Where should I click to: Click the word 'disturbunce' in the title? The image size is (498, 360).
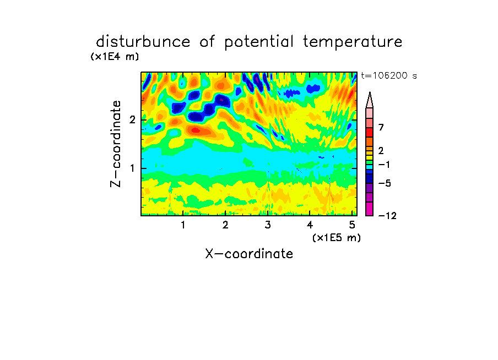[x=143, y=42]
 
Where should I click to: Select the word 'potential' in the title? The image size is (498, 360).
[x=259, y=42]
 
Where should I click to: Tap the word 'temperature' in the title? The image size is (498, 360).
[x=353, y=42]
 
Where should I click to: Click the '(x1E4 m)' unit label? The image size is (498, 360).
[x=115, y=57]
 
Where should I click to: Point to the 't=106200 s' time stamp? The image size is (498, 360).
[x=389, y=76]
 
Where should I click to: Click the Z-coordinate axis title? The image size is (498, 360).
[x=115, y=144]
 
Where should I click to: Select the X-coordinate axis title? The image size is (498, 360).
[x=249, y=254]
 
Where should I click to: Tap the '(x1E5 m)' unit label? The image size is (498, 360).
[x=337, y=238]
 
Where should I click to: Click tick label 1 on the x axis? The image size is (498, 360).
[x=183, y=225]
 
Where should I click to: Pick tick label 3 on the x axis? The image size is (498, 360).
[x=268, y=225]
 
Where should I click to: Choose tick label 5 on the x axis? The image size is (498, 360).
[x=352, y=225]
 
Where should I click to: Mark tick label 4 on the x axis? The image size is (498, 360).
[x=310, y=225]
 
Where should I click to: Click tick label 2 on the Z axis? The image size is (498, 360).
[x=132, y=120]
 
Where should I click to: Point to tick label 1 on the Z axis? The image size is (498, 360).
[x=132, y=168]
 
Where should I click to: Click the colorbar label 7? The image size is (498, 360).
[x=381, y=127]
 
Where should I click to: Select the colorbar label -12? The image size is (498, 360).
[x=387, y=216]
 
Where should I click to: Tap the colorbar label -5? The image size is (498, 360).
[x=385, y=183]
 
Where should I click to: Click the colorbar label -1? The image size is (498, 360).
[x=384, y=165]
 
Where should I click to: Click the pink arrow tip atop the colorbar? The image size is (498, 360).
[x=370, y=92]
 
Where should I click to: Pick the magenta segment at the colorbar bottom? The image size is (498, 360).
[x=370, y=209]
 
